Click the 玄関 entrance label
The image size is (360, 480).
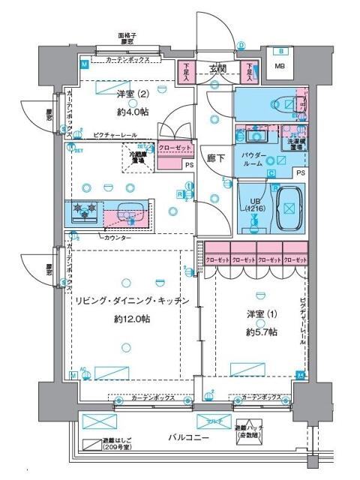[218, 69]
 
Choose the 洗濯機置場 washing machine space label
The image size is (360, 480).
[295, 143]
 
